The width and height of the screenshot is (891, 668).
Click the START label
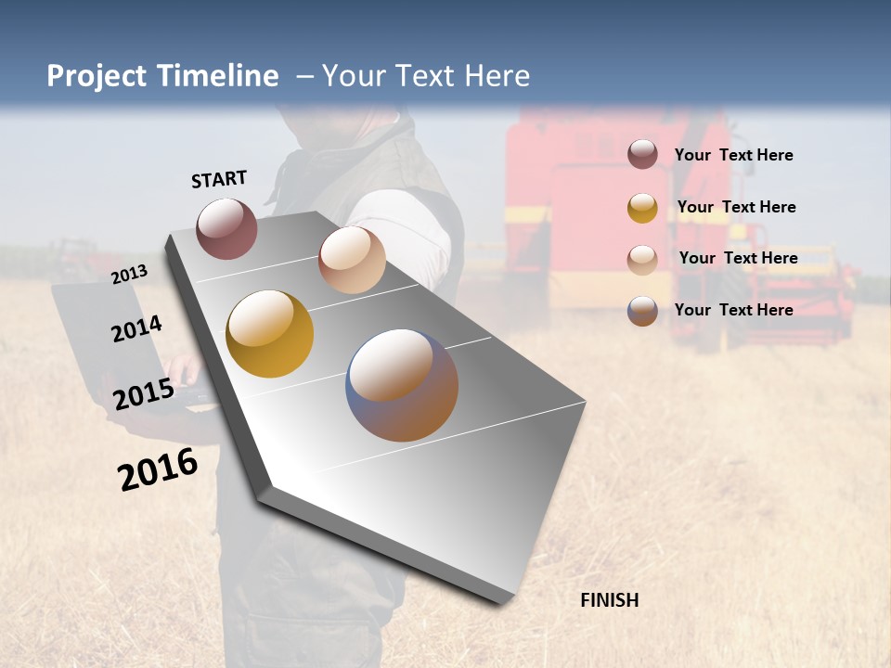point(219,179)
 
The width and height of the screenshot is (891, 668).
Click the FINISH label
point(610,600)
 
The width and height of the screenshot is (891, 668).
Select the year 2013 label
point(129,274)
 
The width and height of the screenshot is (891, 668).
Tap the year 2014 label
point(136,328)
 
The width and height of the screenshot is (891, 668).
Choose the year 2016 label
point(158,469)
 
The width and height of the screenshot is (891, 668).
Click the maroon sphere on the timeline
point(226,228)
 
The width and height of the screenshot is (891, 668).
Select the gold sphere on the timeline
point(269,334)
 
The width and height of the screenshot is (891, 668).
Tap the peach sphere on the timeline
point(352,260)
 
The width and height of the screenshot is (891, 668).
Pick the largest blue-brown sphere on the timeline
point(402,385)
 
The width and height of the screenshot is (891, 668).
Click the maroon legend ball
point(642,154)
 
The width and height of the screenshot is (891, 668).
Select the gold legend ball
point(642,208)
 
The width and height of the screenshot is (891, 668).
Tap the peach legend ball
point(642,259)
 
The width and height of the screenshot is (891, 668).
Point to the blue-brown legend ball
point(642,311)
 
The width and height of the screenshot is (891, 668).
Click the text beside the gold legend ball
point(736,207)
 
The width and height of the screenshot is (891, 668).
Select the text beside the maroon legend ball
point(733,155)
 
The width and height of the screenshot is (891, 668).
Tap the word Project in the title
point(97,76)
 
